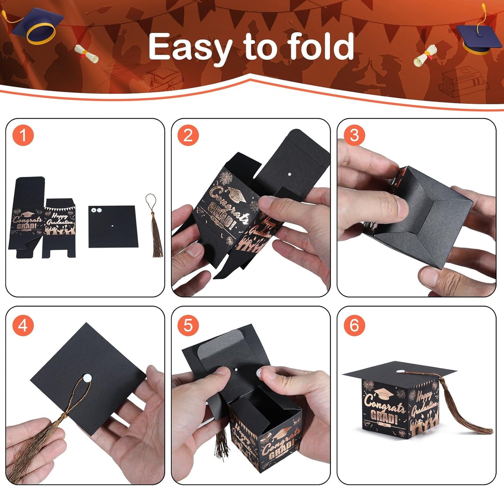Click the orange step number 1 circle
pyautogui.click(x=23, y=135)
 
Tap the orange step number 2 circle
pyautogui.click(x=188, y=135)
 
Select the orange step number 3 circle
pyautogui.click(x=354, y=135)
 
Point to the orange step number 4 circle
pyautogui.click(x=23, y=325)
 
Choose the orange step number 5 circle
pyautogui.click(x=188, y=325)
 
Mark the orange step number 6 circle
pyautogui.click(x=354, y=325)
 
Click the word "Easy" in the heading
pyautogui.click(x=190, y=47)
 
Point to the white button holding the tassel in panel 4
pyautogui.click(x=86, y=377)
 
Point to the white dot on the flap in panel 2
pyautogui.click(x=289, y=173)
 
